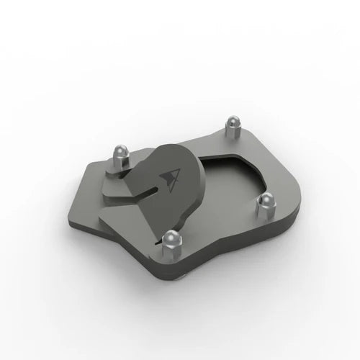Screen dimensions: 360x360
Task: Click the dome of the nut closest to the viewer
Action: (x=171, y=235)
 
